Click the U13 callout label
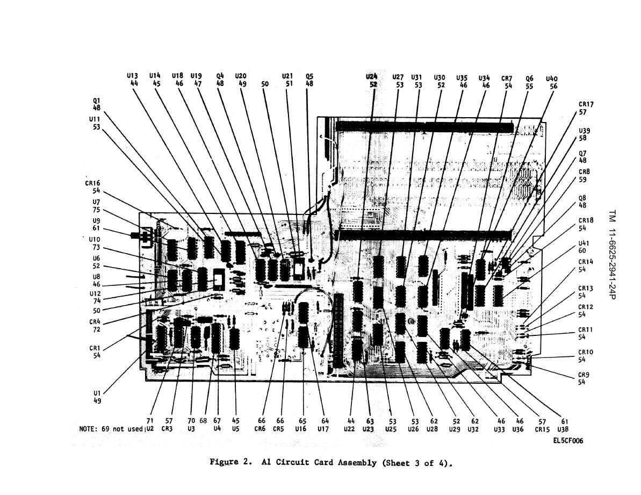tap(132, 76)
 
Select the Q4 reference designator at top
tap(220, 76)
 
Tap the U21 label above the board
tap(287, 76)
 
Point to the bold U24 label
tap(371, 77)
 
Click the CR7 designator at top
tap(507, 78)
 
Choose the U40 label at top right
tap(552, 79)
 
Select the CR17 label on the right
tap(586, 104)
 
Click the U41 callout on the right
tap(584, 243)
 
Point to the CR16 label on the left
tap(92, 183)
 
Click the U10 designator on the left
tap(95, 239)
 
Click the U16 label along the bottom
tap(300, 429)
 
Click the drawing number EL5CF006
tap(568, 441)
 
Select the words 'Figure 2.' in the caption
tap(230, 462)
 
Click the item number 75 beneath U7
tap(96, 210)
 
